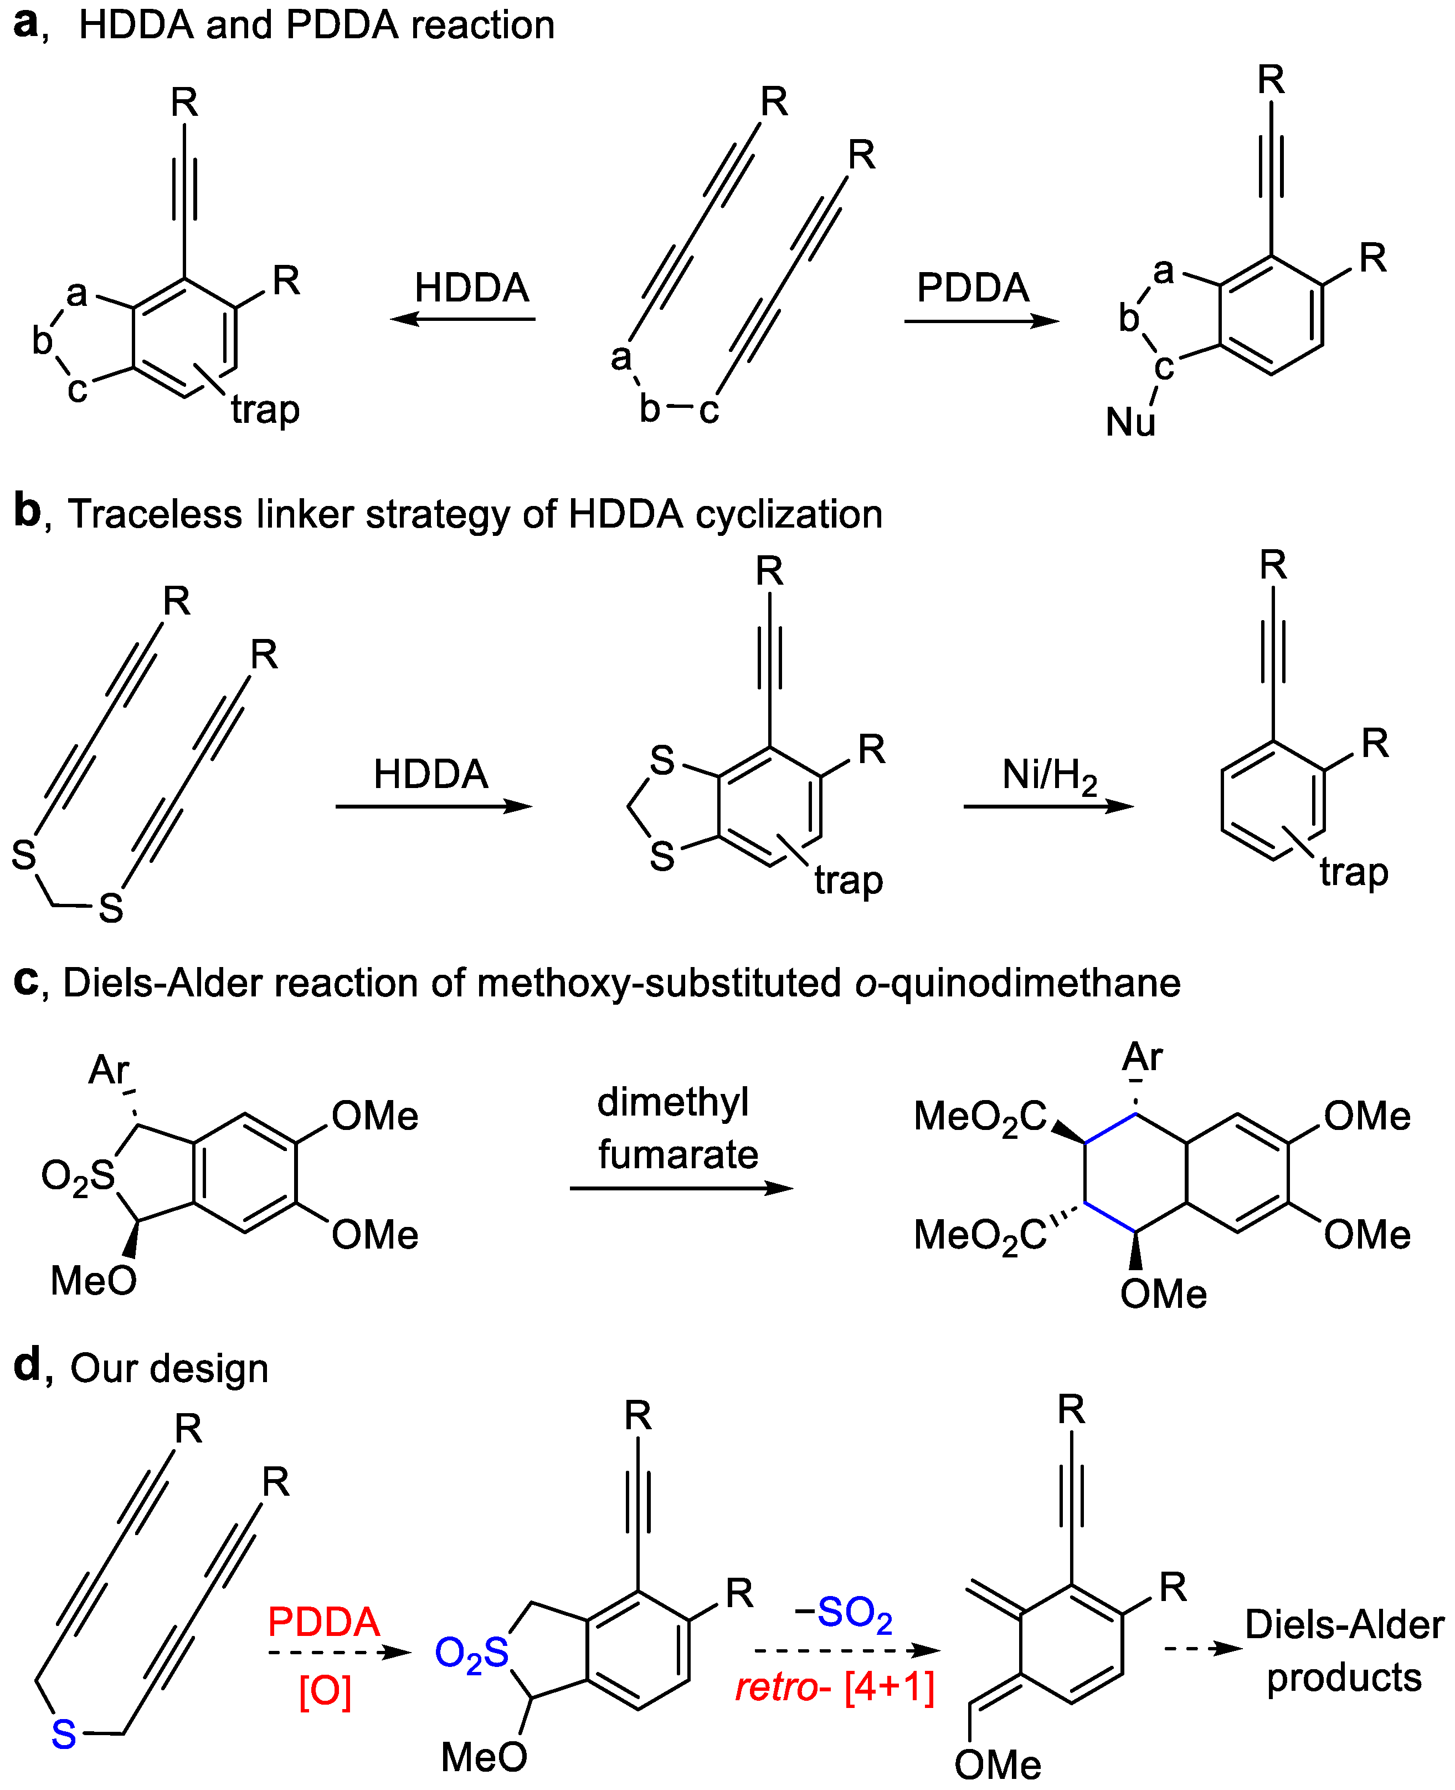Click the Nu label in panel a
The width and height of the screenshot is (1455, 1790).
[1130, 422]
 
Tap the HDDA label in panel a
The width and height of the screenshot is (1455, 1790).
[472, 288]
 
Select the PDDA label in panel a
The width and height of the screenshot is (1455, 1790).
[972, 288]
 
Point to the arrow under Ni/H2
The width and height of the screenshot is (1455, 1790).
[1048, 806]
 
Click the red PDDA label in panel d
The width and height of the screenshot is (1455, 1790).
[323, 1622]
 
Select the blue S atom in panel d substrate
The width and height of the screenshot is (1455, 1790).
[64, 1735]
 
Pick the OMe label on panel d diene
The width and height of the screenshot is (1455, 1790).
[998, 1765]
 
